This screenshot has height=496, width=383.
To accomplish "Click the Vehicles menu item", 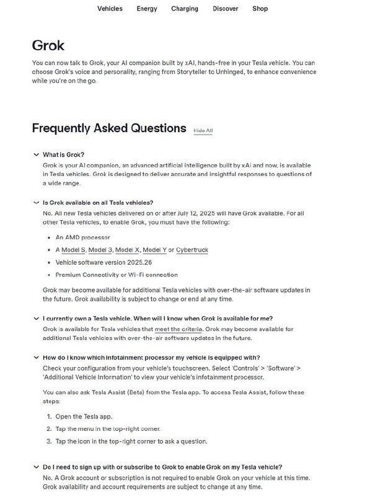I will point(110,9).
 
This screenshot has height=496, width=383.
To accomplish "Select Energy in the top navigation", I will point(147,9).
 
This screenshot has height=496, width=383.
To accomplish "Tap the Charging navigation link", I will point(185,9).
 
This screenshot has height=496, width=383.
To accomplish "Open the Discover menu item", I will point(226,9).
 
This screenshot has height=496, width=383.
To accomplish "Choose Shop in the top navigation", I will point(260,9).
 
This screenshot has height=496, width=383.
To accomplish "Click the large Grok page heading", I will point(48,46).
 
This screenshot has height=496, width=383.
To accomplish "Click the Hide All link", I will point(203,131).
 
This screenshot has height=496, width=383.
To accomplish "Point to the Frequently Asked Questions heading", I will point(109,128).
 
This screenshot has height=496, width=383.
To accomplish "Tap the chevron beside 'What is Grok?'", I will point(35,154).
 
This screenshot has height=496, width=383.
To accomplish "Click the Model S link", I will point(73,250).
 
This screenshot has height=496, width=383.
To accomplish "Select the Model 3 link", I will point(100,250).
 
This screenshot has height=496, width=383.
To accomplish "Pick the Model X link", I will point(128,250).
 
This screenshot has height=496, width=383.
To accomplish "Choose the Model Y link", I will point(154,250).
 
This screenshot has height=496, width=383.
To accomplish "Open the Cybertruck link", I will point(192,250).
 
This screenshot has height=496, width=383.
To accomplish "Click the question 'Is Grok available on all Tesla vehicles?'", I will point(98,203).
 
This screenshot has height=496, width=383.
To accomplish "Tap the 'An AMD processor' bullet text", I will point(82,237).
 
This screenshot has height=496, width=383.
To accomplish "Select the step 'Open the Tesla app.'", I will point(84,417).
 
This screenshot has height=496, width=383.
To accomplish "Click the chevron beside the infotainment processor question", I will point(35,358).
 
